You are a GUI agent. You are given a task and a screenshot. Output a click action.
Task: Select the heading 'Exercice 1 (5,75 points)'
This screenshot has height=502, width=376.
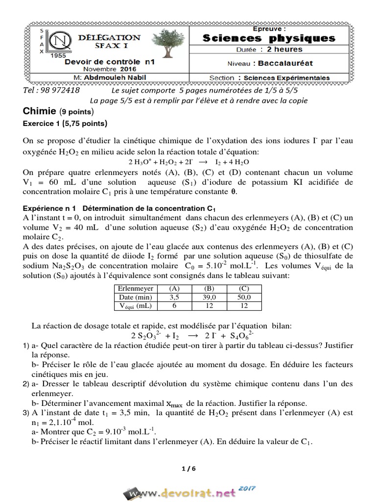point(65,123)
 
